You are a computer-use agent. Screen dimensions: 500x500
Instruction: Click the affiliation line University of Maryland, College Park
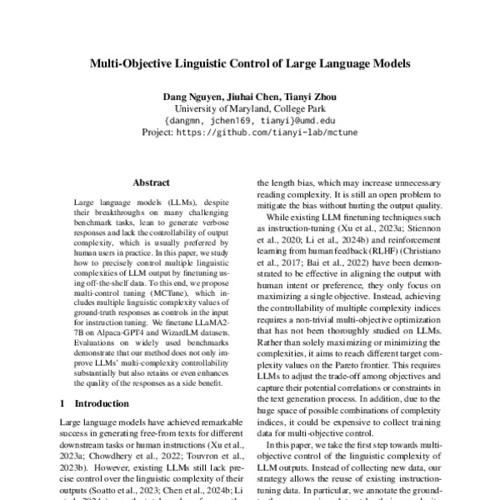click(x=250, y=108)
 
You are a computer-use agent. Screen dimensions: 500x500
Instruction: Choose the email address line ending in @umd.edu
click(x=250, y=120)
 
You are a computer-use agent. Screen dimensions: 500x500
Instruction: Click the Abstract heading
click(x=151, y=182)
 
